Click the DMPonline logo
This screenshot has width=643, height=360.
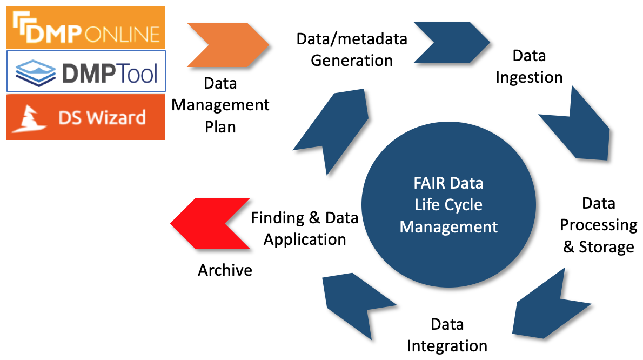click(x=85, y=27)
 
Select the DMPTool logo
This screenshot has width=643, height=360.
click(x=86, y=71)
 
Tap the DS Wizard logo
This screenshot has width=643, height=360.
click(x=85, y=117)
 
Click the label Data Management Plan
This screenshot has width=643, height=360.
click(x=220, y=105)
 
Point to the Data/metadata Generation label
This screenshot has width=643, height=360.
click(x=352, y=50)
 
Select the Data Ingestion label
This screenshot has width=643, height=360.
click(x=529, y=66)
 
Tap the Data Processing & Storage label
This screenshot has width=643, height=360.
click(x=599, y=225)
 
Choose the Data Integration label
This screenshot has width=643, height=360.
click(x=447, y=335)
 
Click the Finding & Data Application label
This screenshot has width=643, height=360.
click(x=305, y=228)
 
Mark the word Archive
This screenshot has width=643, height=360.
click(x=225, y=270)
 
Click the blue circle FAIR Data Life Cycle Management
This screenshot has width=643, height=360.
click(x=448, y=205)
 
